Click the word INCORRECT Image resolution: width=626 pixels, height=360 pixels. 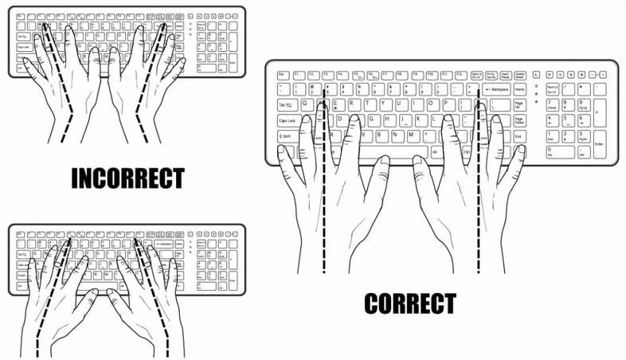click(x=127, y=178)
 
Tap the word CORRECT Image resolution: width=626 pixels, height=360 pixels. click(x=410, y=304)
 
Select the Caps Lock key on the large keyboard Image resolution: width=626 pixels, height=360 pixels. click(x=288, y=120)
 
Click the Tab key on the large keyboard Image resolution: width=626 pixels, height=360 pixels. click(x=285, y=104)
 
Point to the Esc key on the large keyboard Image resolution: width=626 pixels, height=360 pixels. click(x=281, y=75)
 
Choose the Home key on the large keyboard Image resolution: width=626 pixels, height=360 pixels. click(x=519, y=89)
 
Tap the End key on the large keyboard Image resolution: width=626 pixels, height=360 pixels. click(x=518, y=136)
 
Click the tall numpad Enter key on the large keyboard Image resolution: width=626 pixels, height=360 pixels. click(x=600, y=143)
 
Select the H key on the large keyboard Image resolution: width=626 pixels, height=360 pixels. click(x=389, y=120)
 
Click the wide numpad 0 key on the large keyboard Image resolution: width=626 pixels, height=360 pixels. click(x=560, y=151)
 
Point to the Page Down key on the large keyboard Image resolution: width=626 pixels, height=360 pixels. click(x=519, y=120)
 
